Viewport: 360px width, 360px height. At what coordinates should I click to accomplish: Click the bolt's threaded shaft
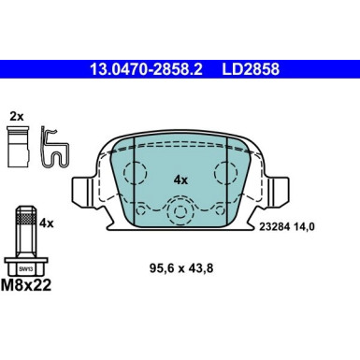tap(26, 223)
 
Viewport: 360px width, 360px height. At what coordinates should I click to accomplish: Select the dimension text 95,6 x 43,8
tap(182, 273)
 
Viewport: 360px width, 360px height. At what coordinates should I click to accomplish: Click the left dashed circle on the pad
tap(137, 174)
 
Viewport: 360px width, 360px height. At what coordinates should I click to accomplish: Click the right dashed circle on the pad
tap(226, 174)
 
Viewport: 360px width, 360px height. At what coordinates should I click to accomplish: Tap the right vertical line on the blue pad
tap(227, 178)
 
